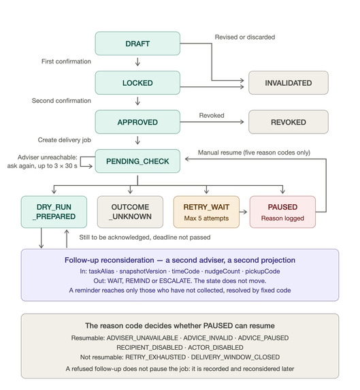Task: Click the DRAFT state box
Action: [x=137, y=44]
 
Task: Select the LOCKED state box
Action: [x=137, y=83]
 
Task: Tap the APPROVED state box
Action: [x=137, y=122]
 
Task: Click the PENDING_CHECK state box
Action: [x=137, y=161]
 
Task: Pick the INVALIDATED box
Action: [x=289, y=83]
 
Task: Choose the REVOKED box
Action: [x=289, y=122]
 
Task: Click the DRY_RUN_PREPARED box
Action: [x=54, y=212]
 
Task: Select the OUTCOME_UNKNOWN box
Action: [x=130, y=212]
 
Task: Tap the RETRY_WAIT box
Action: [x=206, y=212]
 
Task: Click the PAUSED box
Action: [x=282, y=212]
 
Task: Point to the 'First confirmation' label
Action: [x=66, y=61]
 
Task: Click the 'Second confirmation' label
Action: [x=61, y=101]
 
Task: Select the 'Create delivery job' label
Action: [x=65, y=140]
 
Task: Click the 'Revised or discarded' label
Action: [x=245, y=37]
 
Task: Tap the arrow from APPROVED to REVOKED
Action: [x=212, y=122]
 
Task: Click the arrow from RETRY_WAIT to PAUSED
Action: [x=244, y=212]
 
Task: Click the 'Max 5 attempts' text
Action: [x=206, y=218]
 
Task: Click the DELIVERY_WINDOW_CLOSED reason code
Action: [x=235, y=357]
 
